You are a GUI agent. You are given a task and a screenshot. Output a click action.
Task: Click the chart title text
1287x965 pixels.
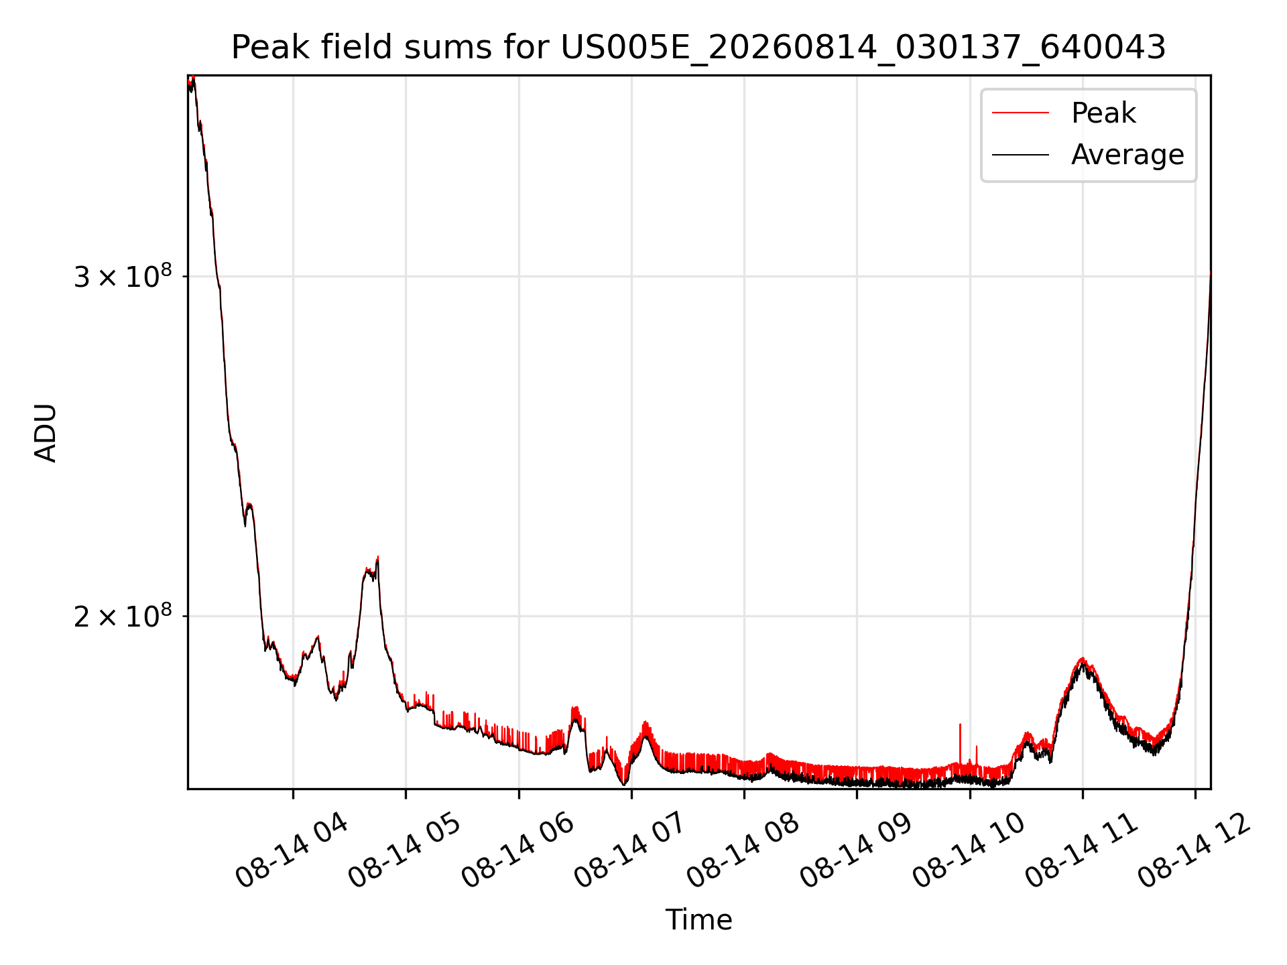click(x=698, y=48)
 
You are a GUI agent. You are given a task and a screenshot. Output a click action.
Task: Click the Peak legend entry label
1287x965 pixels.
click(x=1103, y=113)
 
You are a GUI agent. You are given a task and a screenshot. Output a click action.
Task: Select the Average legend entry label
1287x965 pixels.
click(x=1127, y=155)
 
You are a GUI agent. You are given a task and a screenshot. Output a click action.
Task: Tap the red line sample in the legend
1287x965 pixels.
click(x=1020, y=113)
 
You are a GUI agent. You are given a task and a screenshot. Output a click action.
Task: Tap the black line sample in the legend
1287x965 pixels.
click(x=1020, y=155)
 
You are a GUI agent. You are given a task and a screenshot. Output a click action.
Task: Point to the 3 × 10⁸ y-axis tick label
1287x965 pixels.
click(x=123, y=276)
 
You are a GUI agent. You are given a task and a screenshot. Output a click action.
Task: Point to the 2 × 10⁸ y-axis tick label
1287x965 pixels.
click(x=123, y=616)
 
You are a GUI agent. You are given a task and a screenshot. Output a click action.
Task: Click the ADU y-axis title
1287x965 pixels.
click(x=46, y=433)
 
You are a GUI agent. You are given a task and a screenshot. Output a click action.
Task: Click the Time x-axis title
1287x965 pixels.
click(x=698, y=919)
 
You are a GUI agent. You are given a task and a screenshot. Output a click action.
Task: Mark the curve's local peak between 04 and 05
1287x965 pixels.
click(x=377, y=558)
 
